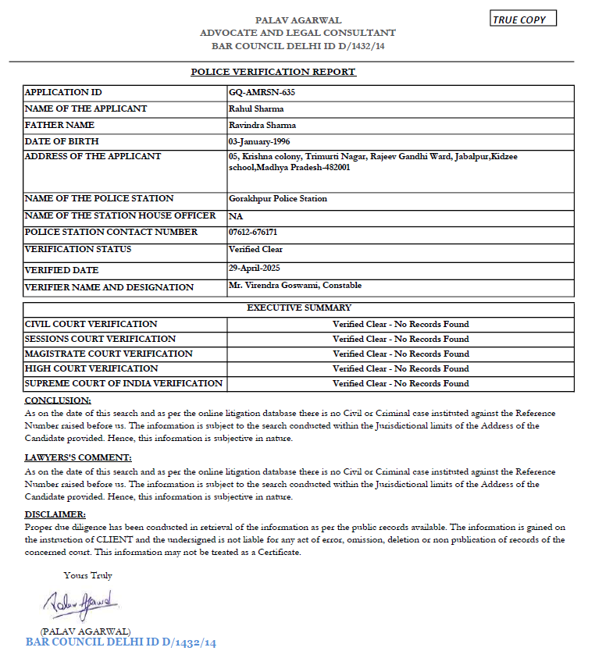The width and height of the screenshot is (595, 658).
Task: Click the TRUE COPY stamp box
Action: [x=523, y=19]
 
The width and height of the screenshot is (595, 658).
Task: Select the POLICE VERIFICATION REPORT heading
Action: [x=273, y=72]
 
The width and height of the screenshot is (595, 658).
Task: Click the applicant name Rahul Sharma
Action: [x=256, y=108]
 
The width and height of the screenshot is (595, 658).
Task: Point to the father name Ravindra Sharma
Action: [x=262, y=125]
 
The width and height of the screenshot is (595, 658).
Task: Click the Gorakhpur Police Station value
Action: [x=278, y=198]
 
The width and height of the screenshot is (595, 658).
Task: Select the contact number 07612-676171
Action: [x=253, y=232]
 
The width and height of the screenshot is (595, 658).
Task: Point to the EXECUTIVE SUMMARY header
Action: [x=299, y=308]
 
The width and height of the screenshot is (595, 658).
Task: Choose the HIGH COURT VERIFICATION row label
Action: [x=91, y=368]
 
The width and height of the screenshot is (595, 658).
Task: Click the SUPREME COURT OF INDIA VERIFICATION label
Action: [x=123, y=383]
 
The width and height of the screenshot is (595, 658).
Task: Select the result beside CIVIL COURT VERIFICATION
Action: [x=401, y=324]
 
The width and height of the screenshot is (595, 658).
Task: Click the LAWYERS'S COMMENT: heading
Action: [x=78, y=457]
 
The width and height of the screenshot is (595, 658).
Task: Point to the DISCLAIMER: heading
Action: [x=55, y=514]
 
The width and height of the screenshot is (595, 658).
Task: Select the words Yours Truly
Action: [x=87, y=575]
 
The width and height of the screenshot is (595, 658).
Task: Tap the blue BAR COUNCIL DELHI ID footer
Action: [x=120, y=642]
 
